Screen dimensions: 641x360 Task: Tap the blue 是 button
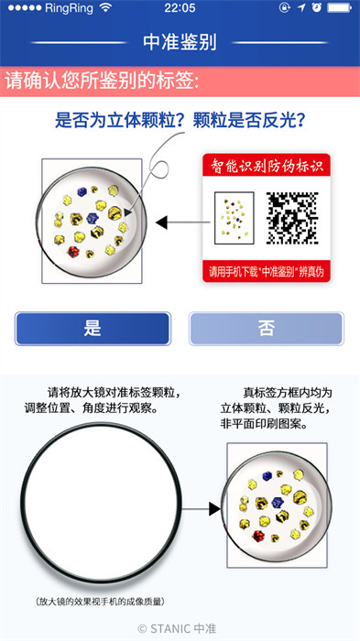pyautogui.click(x=93, y=329)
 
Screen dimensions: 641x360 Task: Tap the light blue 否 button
pyautogui.click(x=266, y=329)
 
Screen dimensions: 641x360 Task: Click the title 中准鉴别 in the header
pyautogui.click(x=180, y=42)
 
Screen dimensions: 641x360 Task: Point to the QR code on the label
pyautogui.click(x=291, y=217)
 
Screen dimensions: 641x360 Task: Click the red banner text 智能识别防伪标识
pyautogui.click(x=265, y=166)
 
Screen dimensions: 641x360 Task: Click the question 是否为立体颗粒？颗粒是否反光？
pyautogui.click(x=180, y=120)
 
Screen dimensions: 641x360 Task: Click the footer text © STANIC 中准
pyautogui.click(x=180, y=628)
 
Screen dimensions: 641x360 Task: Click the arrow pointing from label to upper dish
pyautogui.click(x=178, y=222)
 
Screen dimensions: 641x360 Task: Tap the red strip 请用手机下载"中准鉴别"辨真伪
pyautogui.click(x=265, y=271)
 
